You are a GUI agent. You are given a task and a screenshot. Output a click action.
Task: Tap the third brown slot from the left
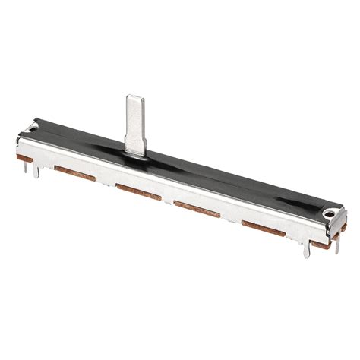pos(197,208)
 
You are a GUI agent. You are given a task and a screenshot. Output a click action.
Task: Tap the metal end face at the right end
pos(334,220)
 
